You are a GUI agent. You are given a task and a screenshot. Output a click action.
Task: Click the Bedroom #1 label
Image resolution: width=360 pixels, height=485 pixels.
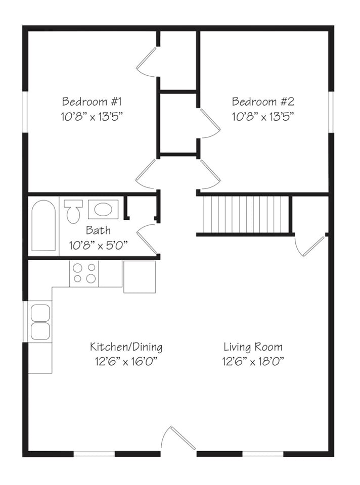92,102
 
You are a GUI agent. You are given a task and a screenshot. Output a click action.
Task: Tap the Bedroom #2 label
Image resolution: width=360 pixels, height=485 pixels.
263,102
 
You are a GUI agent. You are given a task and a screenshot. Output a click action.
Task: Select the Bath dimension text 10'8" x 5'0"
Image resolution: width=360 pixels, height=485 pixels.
98,246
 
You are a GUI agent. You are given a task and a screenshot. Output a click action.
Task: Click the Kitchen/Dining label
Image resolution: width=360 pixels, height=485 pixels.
126,347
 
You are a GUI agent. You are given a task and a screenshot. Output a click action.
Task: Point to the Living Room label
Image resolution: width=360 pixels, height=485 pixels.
253,347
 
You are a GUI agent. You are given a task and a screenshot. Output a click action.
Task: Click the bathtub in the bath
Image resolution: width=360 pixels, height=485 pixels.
43,225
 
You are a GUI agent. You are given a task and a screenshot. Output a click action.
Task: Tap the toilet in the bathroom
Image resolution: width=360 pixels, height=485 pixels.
73,211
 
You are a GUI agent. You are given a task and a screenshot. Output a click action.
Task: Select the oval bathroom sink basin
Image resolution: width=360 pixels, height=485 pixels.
103,209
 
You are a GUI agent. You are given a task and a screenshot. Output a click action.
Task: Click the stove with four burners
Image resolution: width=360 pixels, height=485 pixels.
84,273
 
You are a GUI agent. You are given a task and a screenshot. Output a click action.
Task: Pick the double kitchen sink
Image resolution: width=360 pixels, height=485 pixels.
40,322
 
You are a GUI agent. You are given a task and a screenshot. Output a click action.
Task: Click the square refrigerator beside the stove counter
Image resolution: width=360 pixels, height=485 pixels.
140,277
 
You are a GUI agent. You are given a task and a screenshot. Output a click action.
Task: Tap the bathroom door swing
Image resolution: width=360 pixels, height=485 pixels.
147,239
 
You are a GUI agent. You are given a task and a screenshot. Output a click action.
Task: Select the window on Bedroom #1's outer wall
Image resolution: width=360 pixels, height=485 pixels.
25,112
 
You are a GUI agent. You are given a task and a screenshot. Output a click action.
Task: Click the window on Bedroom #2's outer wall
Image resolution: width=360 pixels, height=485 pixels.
331,112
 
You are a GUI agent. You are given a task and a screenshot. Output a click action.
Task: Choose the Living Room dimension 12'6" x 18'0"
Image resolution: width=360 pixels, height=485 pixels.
253,361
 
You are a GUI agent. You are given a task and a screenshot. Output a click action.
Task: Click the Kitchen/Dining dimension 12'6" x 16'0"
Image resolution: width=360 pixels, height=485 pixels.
126,361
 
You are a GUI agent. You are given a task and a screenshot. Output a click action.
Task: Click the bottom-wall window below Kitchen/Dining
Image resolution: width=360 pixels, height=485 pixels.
94,454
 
